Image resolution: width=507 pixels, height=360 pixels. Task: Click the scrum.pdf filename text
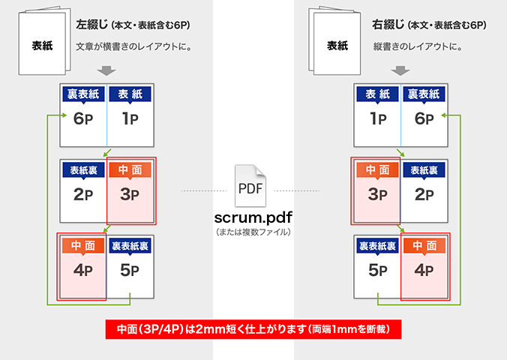(x=252, y=217)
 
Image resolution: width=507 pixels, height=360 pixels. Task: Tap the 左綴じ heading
(x=92, y=25)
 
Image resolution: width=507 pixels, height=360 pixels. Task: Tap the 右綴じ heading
(x=387, y=25)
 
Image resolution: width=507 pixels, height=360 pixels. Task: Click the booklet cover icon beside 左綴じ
(x=43, y=43)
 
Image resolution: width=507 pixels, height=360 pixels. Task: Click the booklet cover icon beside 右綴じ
(x=337, y=43)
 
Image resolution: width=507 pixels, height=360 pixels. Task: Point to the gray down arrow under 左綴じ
(x=106, y=70)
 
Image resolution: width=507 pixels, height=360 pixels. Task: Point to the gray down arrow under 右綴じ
(x=402, y=70)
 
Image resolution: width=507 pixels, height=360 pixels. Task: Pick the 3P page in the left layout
(x=130, y=190)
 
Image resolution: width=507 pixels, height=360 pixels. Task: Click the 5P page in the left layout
(x=130, y=268)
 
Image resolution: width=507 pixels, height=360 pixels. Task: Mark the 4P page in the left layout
(x=83, y=268)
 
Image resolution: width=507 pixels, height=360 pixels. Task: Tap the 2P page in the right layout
(x=424, y=190)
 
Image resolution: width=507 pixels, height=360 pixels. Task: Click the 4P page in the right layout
(x=424, y=268)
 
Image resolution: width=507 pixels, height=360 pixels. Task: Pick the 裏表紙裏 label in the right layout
(x=377, y=246)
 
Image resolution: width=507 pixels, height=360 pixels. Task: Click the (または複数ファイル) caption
(x=252, y=232)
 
